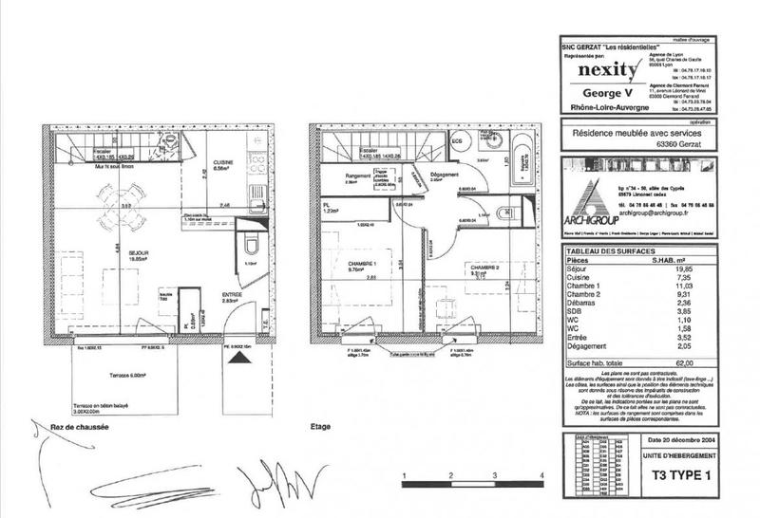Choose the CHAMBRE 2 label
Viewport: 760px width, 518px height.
coord(483,268)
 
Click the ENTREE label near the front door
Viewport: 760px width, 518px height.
coord(233,295)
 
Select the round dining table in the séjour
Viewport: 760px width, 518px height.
coord(124,202)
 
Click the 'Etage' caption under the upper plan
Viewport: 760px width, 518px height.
coord(320,429)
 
